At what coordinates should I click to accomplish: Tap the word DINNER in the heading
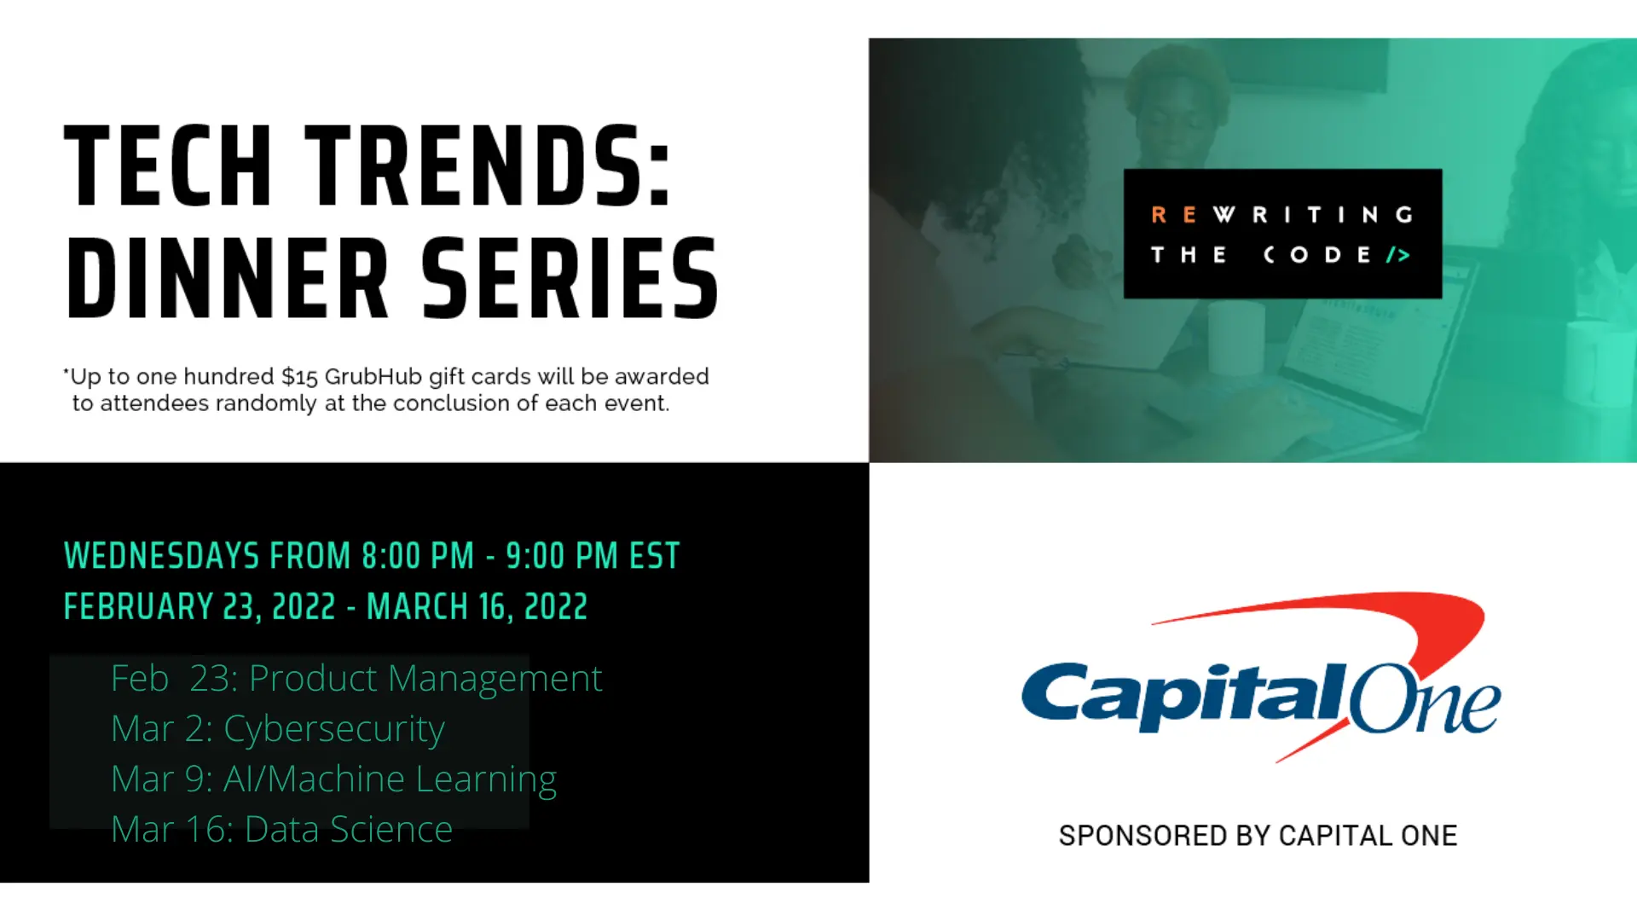227,279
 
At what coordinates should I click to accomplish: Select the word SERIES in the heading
570,279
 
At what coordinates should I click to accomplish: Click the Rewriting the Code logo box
1282,234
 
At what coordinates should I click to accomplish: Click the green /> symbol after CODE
1397,255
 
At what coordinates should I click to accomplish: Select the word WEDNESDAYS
161,556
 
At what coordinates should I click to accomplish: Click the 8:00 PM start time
418,556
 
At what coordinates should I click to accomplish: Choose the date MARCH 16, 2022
477,607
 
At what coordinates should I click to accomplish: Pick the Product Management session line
356,679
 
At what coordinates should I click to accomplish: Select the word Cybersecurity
334,730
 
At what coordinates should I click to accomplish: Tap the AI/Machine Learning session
334,779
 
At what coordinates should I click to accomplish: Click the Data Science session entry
281,829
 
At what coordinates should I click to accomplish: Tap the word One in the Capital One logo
1425,699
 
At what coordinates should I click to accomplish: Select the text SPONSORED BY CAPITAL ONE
1258,836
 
